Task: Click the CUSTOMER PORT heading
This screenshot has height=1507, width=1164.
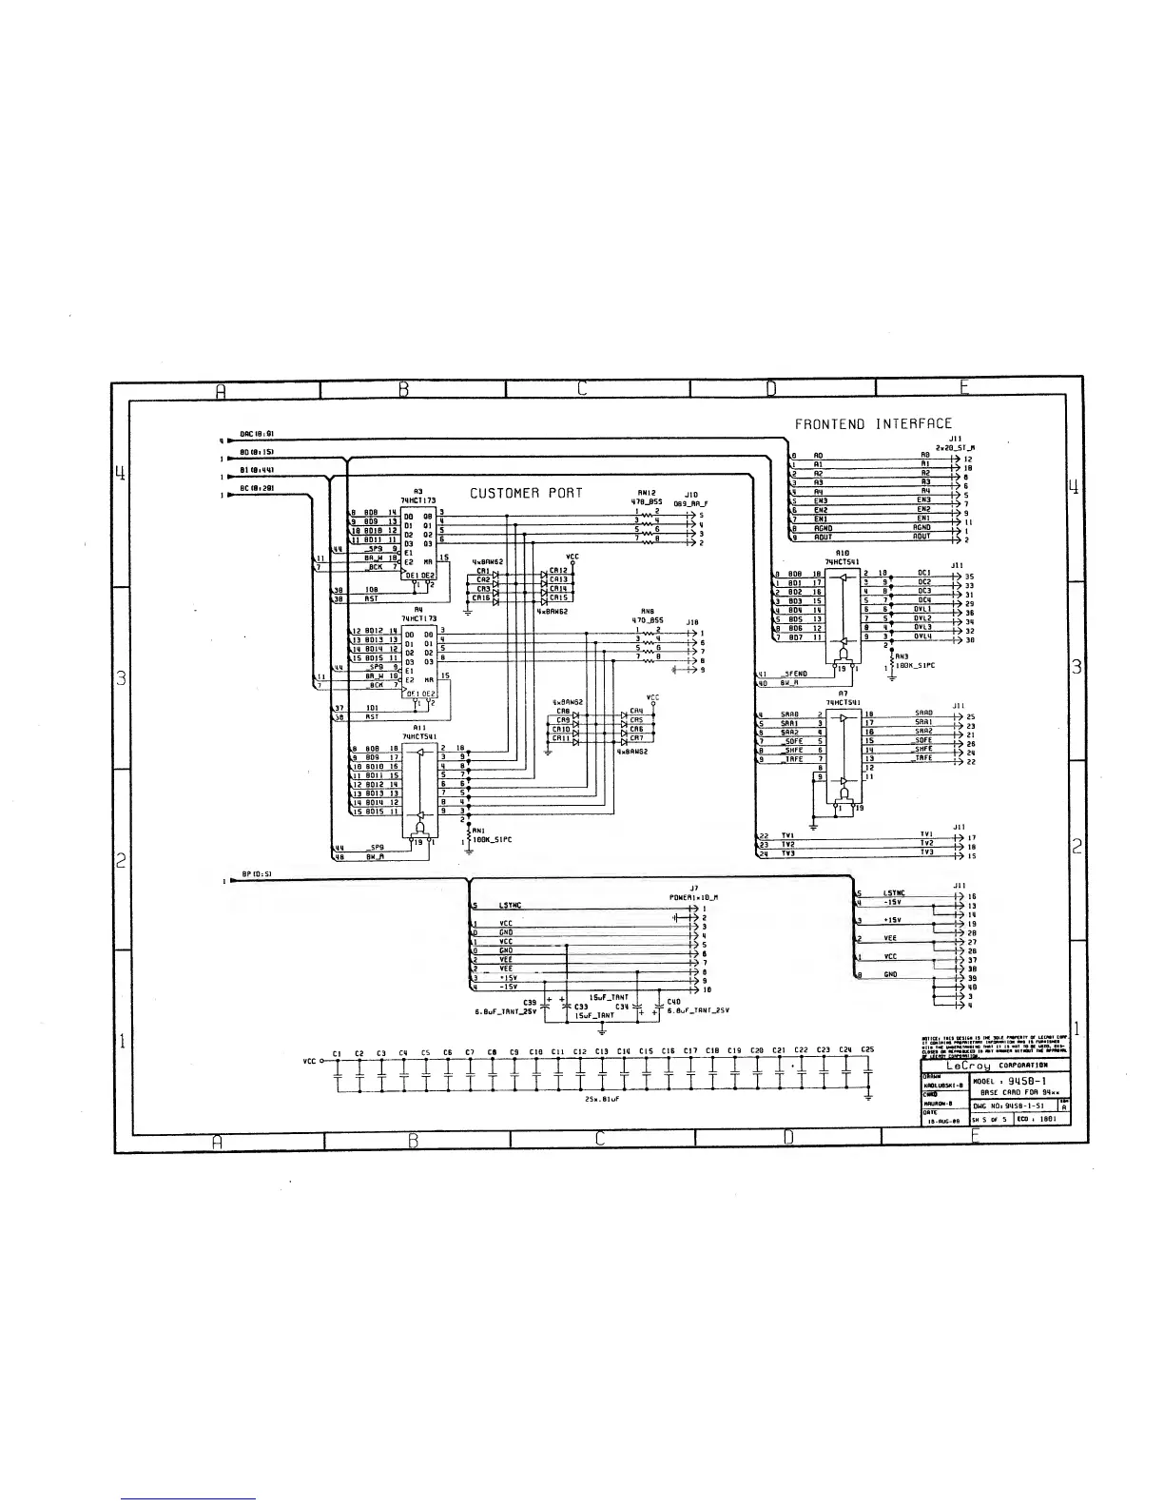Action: [x=526, y=493]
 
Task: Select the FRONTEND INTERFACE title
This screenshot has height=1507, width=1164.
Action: [x=872, y=423]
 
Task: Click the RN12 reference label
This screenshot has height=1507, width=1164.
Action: [x=647, y=493]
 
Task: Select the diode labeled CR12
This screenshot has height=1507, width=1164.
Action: [x=558, y=571]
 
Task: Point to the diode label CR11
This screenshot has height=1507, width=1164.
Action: [x=562, y=738]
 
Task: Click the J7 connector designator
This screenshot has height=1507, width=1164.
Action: [x=695, y=888]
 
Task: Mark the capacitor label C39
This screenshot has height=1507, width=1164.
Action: [x=530, y=1002]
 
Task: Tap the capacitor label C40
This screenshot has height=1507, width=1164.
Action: [x=674, y=1001]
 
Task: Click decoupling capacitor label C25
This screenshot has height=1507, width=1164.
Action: [x=867, y=1050]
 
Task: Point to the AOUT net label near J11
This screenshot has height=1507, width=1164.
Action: [x=823, y=537]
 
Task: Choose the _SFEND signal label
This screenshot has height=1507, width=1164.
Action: [x=794, y=674]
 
